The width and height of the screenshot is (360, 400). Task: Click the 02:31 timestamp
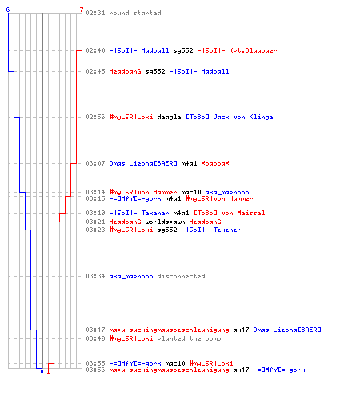[95, 13]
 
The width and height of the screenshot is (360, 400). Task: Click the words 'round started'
[135, 13]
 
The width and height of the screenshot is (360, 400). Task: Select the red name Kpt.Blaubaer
[253, 50]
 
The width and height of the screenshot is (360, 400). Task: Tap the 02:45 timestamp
[95, 71]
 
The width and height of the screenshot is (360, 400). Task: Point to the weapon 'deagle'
[169, 117]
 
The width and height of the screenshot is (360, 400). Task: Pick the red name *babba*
[215, 163]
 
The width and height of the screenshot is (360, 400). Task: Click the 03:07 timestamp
[95, 163]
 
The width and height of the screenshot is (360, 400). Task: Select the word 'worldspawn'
[165, 222]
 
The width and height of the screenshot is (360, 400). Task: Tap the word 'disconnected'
[181, 276]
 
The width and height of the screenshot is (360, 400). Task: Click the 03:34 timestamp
[95, 276]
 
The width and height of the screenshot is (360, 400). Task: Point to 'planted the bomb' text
[189, 338]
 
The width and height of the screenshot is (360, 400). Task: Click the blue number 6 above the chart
[8, 10]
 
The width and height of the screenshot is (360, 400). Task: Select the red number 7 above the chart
[82, 10]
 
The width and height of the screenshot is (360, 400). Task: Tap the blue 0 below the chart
[42, 371]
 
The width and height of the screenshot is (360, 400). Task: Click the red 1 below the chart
[48, 371]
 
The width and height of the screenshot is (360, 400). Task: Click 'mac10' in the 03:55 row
[175, 363]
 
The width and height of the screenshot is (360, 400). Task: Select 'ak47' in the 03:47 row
[241, 330]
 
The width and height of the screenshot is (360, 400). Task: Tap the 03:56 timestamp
[95, 370]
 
